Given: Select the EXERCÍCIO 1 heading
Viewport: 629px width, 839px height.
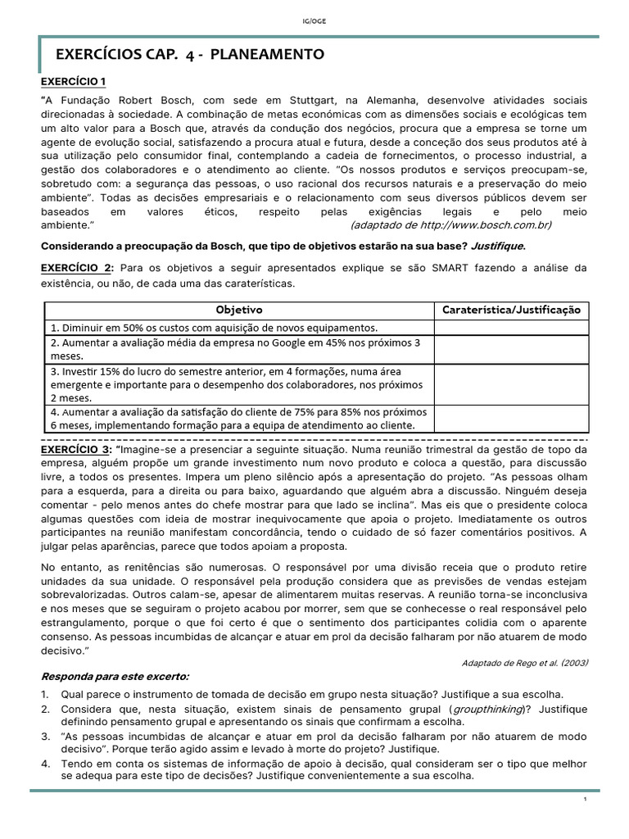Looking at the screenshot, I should (74, 82).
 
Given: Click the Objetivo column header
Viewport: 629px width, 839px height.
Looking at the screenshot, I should (238, 310).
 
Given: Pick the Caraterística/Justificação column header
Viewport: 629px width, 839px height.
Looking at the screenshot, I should (511, 310).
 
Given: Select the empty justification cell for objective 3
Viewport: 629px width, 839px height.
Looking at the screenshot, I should (511, 383).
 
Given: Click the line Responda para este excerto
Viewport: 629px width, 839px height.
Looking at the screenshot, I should (115, 676).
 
